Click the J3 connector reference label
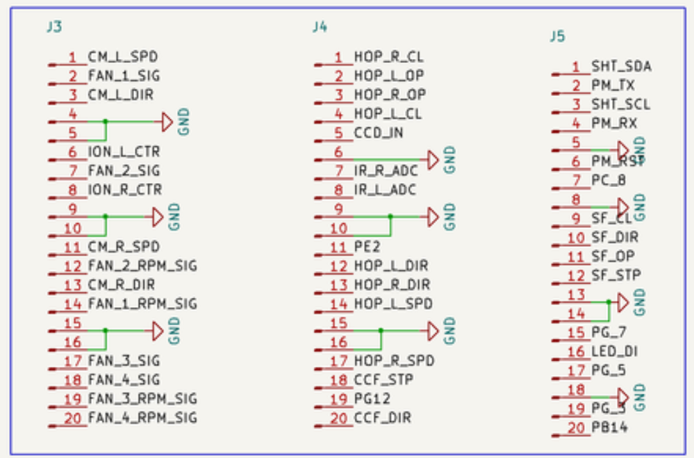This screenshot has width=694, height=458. pos(53,27)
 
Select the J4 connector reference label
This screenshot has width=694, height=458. pos(320,27)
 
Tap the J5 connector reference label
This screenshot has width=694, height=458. pos(557,36)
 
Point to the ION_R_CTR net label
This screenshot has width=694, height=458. pos(124,190)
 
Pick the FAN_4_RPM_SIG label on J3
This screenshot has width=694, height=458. pos(142,418)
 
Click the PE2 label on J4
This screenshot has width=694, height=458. pos(367,247)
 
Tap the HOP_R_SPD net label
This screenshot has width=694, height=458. pos(394,361)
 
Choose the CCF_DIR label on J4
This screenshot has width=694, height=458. pos(382,418)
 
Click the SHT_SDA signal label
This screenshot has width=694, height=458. pos(621,67)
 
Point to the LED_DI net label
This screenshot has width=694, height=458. pos(614,352)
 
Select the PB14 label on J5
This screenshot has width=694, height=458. pos(609,428)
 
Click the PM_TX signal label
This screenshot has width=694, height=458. pos(613,86)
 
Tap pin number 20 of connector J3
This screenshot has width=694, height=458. pos(73,418)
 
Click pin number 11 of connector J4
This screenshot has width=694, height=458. pos(338,247)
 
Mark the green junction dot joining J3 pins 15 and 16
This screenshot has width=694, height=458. pos(106,330)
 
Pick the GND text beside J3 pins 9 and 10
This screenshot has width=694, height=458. pos(174,217)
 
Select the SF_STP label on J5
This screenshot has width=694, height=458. pos(615,276)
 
